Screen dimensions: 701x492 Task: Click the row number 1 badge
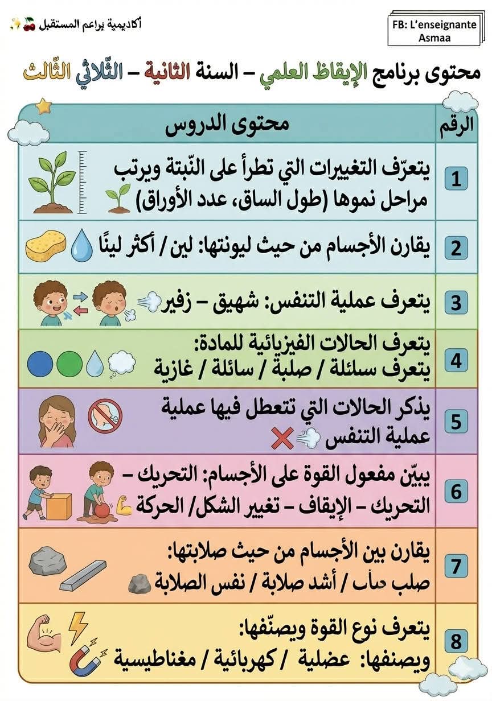tap(456, 179)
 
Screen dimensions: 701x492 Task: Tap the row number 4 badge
tap(456, 361)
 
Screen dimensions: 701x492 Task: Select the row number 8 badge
tap(456, 642)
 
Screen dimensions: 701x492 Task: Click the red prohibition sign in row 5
tap(105, 414)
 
